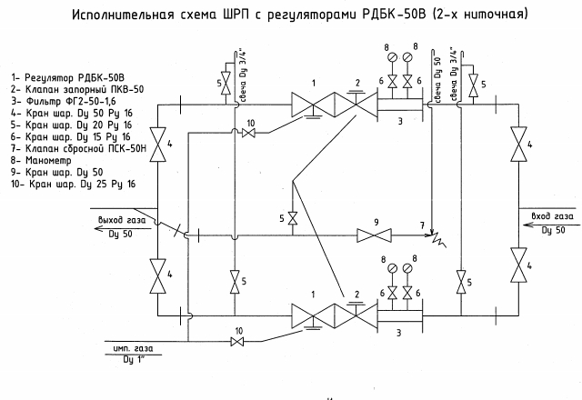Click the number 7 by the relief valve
(x=420, y=224)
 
